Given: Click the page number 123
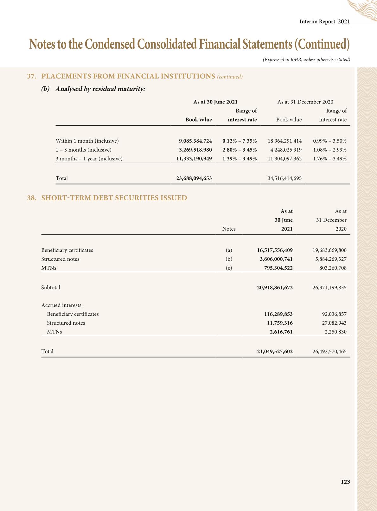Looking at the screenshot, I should pos(345,482).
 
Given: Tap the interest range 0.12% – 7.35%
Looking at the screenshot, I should pos(240,141).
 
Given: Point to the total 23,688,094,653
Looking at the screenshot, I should pos(194,178).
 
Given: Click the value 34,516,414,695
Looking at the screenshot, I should pos(284,178).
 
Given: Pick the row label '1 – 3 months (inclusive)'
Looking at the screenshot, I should pos(84,150).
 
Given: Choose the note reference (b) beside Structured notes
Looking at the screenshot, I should pos(229,259).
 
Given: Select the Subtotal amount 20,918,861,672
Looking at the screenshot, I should pos(275,287).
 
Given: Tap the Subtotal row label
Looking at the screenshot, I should pos(51,287).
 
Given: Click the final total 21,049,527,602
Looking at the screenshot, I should pos(275,351).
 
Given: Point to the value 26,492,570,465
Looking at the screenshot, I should pos(329,351).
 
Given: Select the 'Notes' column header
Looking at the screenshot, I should pos(229,229).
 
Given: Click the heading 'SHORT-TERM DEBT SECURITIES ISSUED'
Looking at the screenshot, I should pos(114,198).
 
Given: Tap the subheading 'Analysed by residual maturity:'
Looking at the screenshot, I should pos(100,89).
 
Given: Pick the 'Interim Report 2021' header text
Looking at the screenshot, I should pos(325,22).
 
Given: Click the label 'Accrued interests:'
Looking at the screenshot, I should pos(62,305).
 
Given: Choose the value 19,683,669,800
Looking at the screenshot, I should pos(329,250).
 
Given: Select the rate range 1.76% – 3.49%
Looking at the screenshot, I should pos(329,159).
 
